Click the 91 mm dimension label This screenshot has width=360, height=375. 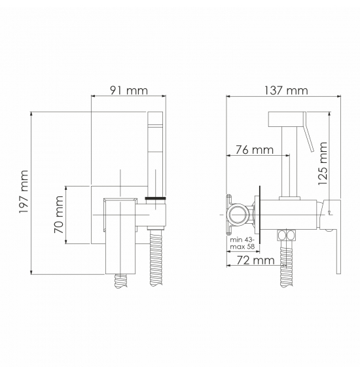129,90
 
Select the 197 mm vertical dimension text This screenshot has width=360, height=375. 24,192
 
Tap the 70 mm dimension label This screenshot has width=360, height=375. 59,215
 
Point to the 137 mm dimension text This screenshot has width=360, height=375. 286,90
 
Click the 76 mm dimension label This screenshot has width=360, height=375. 255,150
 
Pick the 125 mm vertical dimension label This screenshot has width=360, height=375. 323,164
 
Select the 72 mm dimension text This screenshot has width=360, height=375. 255,260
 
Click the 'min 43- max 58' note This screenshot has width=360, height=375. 242,243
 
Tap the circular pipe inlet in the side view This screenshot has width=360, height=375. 238,215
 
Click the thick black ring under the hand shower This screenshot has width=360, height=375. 156,198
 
